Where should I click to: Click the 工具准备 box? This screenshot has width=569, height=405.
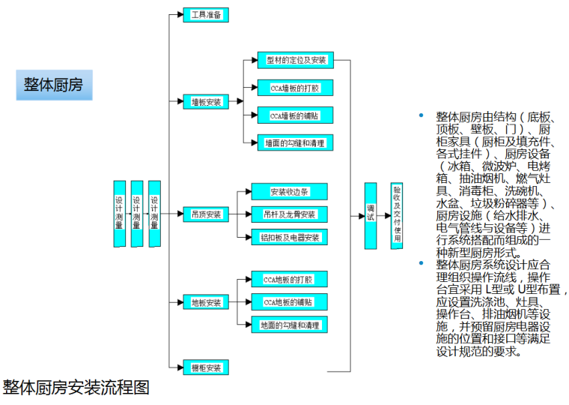[x=206, y=14]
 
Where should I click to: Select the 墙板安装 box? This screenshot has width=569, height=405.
[x=206, y=101]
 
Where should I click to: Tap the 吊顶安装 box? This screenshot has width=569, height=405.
[x=206, y=214]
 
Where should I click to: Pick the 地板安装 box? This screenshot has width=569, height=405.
[x=206, y=303]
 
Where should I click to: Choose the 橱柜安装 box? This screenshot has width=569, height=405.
[x=206, y=367]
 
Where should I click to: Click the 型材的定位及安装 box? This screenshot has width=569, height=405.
[x=295, y=59]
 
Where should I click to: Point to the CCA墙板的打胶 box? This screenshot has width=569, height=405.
[x=295, y=88]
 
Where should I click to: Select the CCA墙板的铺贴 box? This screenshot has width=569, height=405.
[x=295, y=115]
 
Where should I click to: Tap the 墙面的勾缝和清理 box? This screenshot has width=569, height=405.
[x=295, y=142]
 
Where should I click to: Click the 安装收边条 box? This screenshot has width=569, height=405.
[x=289, y=191]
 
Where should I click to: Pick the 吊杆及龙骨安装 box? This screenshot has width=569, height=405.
[x=289, y=214]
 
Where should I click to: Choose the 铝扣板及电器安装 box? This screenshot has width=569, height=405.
[x=289, y=238]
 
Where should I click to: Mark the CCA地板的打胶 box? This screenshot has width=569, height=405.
[x=287, y=280]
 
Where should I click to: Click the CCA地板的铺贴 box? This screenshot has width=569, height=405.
[x=287, y=302]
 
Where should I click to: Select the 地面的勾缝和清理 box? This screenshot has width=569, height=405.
[x=287, y=325]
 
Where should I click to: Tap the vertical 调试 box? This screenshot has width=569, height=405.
[x=370, y=215]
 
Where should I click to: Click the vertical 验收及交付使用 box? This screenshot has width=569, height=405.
[x=397, y=215]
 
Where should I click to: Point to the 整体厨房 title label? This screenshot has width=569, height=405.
[x=53, y=85]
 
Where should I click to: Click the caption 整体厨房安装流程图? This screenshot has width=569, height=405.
[x=76, y=388]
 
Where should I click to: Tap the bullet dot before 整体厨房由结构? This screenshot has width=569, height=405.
[x=421, y=115]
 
